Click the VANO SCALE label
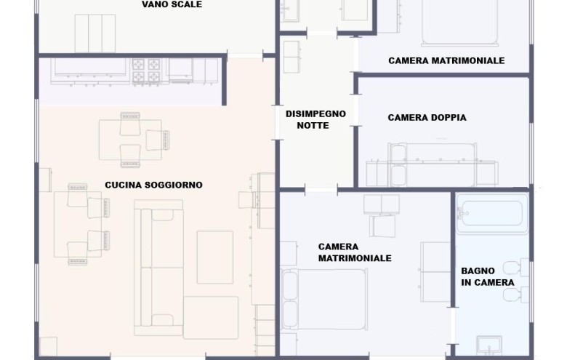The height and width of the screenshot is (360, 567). [172, 4]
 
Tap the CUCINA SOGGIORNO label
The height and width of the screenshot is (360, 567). [153, 185]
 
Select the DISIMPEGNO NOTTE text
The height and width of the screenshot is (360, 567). [315, 119]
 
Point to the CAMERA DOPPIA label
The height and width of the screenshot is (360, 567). [427, 118]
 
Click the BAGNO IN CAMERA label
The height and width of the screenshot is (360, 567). [487, 276]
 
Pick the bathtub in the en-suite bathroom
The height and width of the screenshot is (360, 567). [492, 213]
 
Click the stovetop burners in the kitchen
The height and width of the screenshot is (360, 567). [145, 70]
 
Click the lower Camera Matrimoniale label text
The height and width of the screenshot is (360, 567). [355, 252]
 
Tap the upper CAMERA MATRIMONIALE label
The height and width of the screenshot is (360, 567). [446, 61]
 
